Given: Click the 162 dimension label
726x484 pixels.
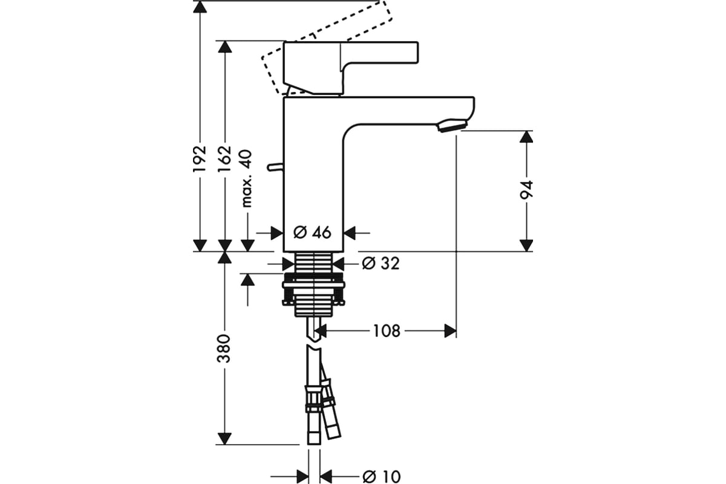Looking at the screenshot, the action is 225,159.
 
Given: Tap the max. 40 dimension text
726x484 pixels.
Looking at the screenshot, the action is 247,178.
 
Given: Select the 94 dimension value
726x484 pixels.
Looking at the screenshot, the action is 526,189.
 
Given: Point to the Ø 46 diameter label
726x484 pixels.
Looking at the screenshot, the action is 312,232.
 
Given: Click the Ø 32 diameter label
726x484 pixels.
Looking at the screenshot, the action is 381,263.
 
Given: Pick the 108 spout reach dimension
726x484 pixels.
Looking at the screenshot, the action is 387,331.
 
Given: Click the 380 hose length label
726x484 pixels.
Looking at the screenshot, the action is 224,348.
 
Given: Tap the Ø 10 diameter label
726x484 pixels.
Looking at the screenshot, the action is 382,477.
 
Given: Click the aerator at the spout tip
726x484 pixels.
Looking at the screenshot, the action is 452,125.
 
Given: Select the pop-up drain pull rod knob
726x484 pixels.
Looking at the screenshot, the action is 275,167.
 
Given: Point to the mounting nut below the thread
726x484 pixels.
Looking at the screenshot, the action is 313,289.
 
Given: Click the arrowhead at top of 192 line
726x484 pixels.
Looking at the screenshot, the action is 200,7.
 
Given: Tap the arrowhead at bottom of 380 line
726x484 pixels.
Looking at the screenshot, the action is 224,439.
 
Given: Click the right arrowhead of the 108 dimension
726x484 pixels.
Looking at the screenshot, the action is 450,331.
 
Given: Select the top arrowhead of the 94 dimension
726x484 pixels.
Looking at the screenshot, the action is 526,137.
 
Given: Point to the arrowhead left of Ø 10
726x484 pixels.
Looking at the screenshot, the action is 302,477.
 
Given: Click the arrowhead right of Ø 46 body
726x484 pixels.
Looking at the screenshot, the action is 350,232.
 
